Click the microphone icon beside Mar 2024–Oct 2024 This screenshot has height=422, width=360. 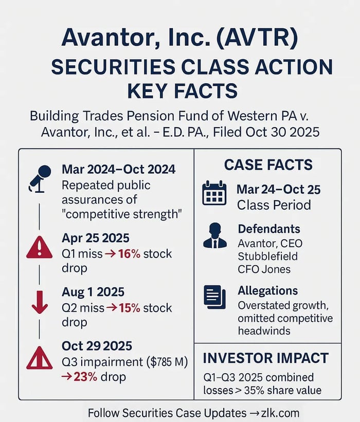coord(40,179)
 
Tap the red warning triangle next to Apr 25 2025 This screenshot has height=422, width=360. coord(39,248)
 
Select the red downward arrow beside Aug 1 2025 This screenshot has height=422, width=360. coord(40,302)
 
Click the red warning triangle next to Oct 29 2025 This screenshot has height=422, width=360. coord(39,358)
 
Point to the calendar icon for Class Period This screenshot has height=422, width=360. coord(214,193)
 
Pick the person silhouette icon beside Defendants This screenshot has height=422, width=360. coord(215,235)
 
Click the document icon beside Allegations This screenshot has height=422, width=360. coord(214,297)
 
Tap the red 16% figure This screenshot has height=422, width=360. coord(129,253)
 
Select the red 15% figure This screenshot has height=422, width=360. coord(130,308)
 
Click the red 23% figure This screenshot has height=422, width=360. coord(85,377)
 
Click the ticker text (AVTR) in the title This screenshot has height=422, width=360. coord(257,38)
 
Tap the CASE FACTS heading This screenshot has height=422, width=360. coord(268,164)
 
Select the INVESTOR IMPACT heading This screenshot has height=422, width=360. coord(266,358)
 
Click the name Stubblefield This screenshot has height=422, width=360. coord(267,256)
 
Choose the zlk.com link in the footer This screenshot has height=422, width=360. coord(280,413)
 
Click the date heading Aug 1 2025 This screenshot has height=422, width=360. coord(93,292)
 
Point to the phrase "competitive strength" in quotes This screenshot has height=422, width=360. coord(122,214)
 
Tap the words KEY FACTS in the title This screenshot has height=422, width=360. coord(182,90)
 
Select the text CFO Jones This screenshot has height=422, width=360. coord(264,269)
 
